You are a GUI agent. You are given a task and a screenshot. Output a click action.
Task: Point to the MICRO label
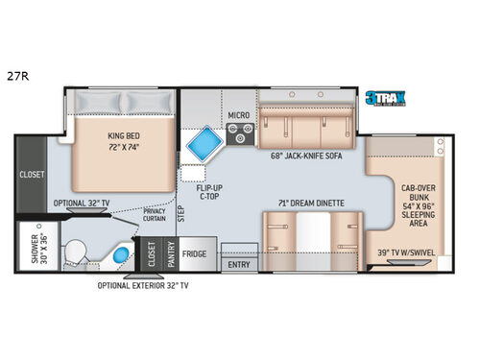click(x=238, y=116)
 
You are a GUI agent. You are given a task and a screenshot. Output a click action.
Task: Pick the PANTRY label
click(x=169, y=254)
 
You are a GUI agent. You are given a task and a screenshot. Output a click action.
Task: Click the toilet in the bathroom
click(x=76, y=249)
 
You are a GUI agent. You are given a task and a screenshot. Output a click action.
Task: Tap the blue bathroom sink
click(x=119, y=256)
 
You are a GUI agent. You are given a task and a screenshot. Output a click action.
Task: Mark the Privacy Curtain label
click(x=154, y=213)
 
